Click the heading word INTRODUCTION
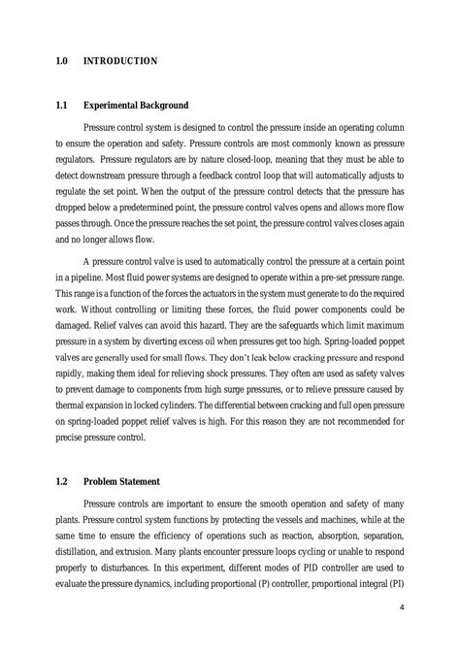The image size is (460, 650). [120, 61]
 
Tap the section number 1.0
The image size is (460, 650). [61, 61]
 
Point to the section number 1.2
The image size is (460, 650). [61, 481]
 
